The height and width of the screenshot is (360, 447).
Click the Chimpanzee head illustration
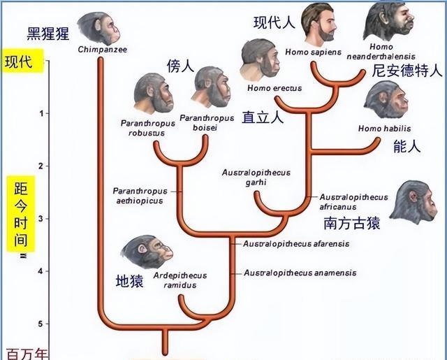click(x=98, y=28)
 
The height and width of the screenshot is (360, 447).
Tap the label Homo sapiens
click(x=313, y=52)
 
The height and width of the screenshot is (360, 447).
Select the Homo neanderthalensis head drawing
click(x=388, y=22)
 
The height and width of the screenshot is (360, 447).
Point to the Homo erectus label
click(x=274, y=88)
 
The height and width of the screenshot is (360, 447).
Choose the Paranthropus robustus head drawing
click(x=154, y=94)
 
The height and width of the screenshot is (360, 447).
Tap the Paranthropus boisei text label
click(x=207, y=122)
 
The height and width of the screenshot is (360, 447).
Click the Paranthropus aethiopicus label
click(x=140, y=196)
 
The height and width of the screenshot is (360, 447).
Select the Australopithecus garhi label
click(x=256, y=178)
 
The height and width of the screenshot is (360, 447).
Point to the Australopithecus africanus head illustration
click(x=413, y=202)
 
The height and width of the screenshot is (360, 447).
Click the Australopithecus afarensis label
click(x=296, y=244)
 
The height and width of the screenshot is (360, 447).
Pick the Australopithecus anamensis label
click(x=300, y=273)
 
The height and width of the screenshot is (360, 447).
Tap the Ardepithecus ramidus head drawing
click(x=147, y=252)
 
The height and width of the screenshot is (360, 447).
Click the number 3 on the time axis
click(x=41, y=219)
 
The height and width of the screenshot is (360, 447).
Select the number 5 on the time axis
click(x=41, y=324)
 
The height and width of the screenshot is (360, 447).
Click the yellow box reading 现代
click(x=23, y=61)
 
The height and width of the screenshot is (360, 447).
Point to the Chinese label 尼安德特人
click(x=406, y=71)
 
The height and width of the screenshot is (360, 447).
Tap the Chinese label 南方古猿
click(x=352, y=223)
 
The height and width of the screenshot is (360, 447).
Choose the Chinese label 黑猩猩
click(x=48, y=34)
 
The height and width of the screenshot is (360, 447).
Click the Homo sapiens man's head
click(x=318, y=24)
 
